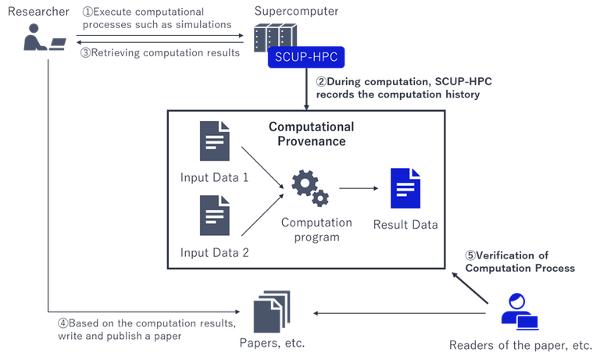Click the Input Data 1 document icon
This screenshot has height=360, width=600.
pos(214,141)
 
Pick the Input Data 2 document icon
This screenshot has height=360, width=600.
pos(214,216)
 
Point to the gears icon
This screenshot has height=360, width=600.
pos(309,188)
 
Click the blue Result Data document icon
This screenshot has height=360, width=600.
pos(405,188)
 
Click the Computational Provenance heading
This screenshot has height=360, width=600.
pos(311,134)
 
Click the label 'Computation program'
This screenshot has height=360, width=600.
pos(316,229)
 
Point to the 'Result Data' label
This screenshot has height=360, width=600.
pos(405,225)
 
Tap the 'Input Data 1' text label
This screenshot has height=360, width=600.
pos(214,177)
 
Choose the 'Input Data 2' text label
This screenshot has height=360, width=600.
pos(214,252)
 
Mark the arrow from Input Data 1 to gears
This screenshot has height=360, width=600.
pos(262,163)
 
